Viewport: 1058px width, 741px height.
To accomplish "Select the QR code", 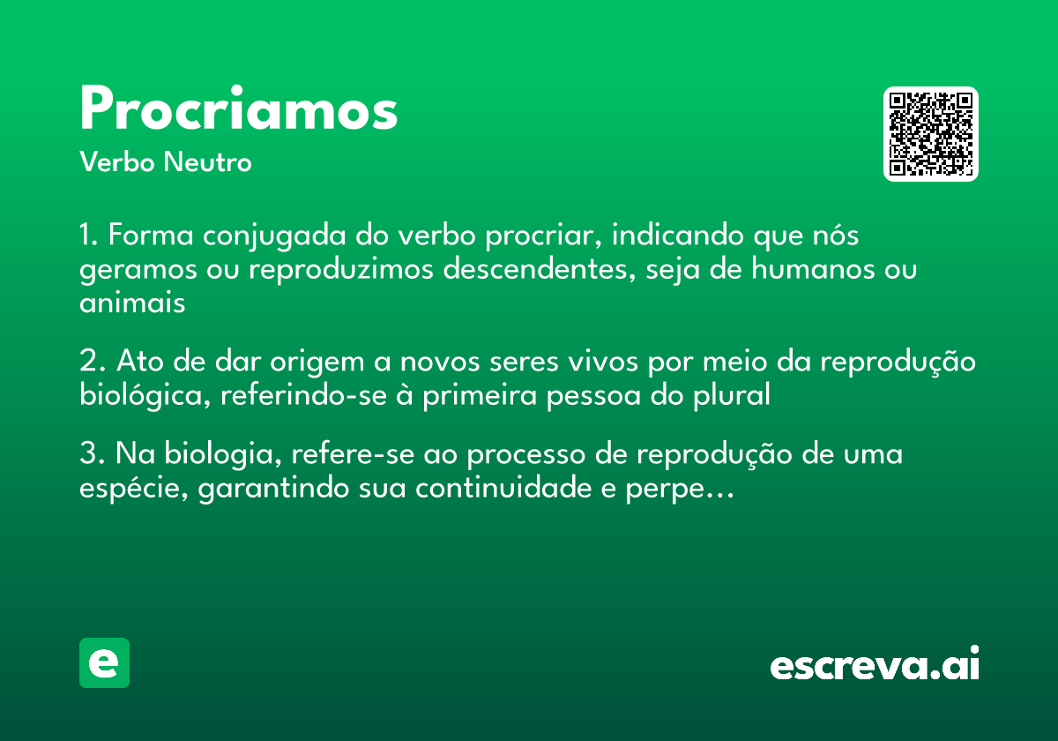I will coord(931,134).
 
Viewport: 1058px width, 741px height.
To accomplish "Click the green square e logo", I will coord(104,662).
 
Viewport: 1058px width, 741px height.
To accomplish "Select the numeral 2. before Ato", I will coord(92,363).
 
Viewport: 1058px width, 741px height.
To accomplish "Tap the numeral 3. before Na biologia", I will coord(92,455).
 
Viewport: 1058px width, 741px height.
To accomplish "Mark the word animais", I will coord(132,302).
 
